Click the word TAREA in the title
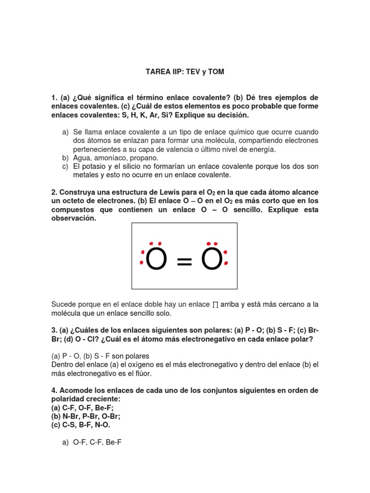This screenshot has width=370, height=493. click(156, 72)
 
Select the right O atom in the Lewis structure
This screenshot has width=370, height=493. click(212, 260)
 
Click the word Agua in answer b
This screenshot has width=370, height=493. click(82, 158)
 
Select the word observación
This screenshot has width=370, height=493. click(74, 219)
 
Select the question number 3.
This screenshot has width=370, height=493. click(54, 331)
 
